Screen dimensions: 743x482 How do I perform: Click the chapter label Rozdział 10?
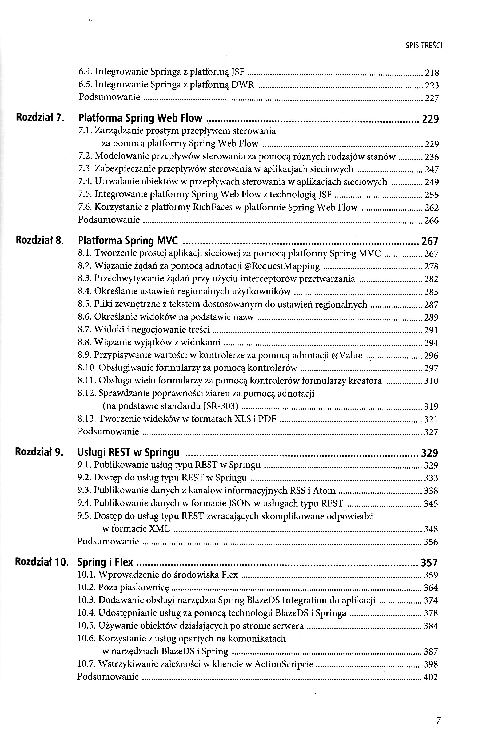point(42,562)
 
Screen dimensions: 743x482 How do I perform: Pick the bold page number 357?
point(429,563)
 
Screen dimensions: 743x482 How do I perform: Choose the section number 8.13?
point(86,419)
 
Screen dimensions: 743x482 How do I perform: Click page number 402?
point(431,677)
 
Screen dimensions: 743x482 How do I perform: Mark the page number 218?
point(432,73)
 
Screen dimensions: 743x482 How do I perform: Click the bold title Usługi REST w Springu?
point(128,452)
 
